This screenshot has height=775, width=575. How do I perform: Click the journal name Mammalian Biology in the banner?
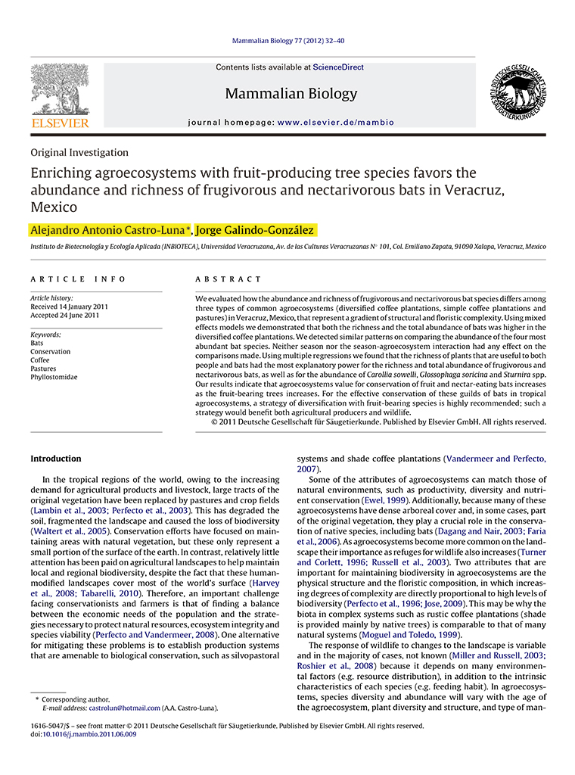tap(291, 95)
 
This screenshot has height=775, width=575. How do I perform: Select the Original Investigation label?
tap(79, 152)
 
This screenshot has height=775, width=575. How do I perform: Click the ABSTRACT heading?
tap(228, 279)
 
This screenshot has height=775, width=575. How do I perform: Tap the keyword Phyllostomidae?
tap(54, 377)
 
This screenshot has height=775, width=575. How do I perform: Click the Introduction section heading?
tap(55, 459)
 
